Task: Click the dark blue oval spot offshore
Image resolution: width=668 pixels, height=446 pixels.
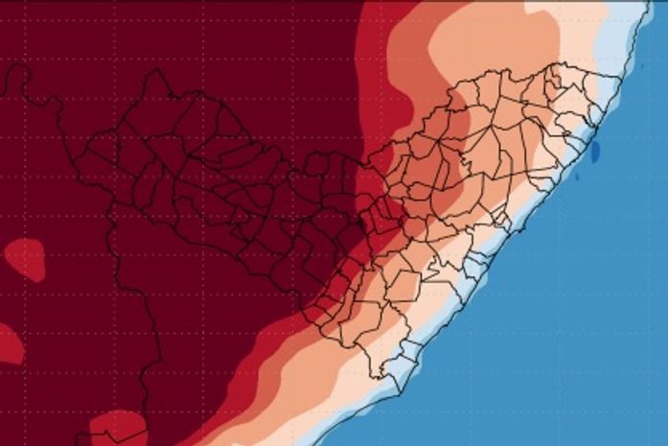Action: pyautogui.click(x=594, y=151)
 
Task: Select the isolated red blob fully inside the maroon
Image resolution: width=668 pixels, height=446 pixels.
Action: pyautogui.click(x=25, y=259)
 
